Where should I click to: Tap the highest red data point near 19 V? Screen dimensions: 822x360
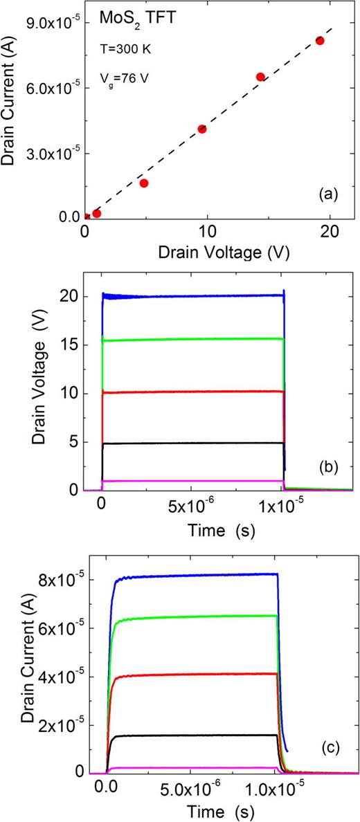point(320,41)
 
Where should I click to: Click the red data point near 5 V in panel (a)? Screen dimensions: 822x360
point(144,183)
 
